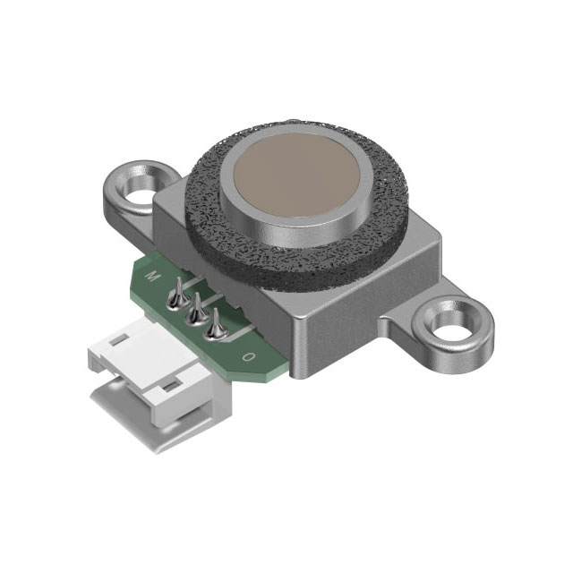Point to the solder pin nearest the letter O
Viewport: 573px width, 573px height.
[214, 328]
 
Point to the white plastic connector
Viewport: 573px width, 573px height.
[152, 376]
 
